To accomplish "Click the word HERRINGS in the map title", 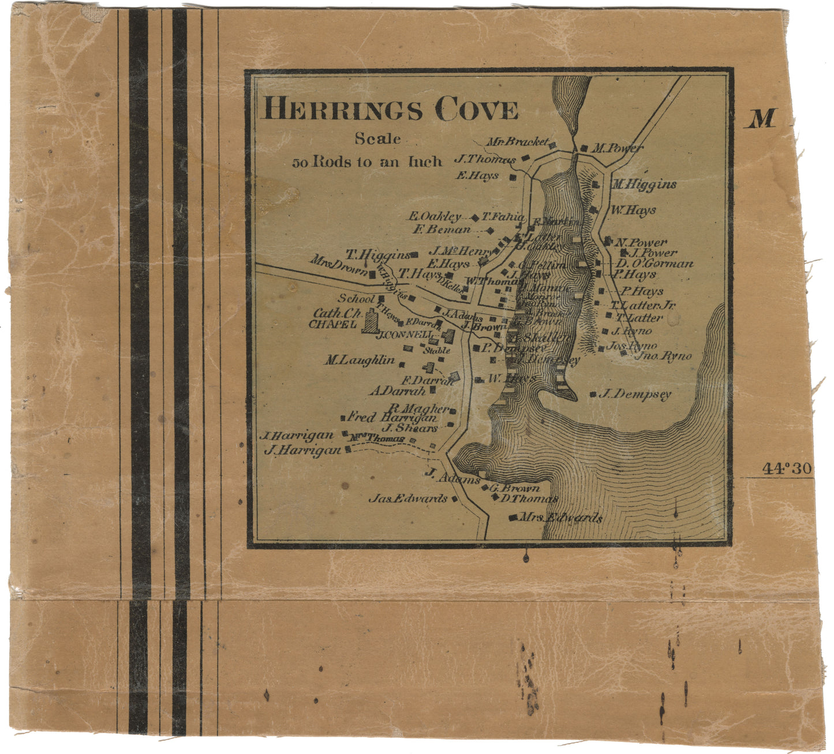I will tap(343, 108).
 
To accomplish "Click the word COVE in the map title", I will tap(476, 110).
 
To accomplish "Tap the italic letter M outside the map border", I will tap(761, 119).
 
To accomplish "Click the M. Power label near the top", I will tap(618, 148).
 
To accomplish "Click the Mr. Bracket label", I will tap(517, 142).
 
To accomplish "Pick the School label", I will tap(356, 298).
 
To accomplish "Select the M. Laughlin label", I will tap(359, 361).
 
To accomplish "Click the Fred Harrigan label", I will tap(391, 417).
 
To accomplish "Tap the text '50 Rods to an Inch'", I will tap(367, 162).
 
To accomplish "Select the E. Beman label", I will tap(442, 230).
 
